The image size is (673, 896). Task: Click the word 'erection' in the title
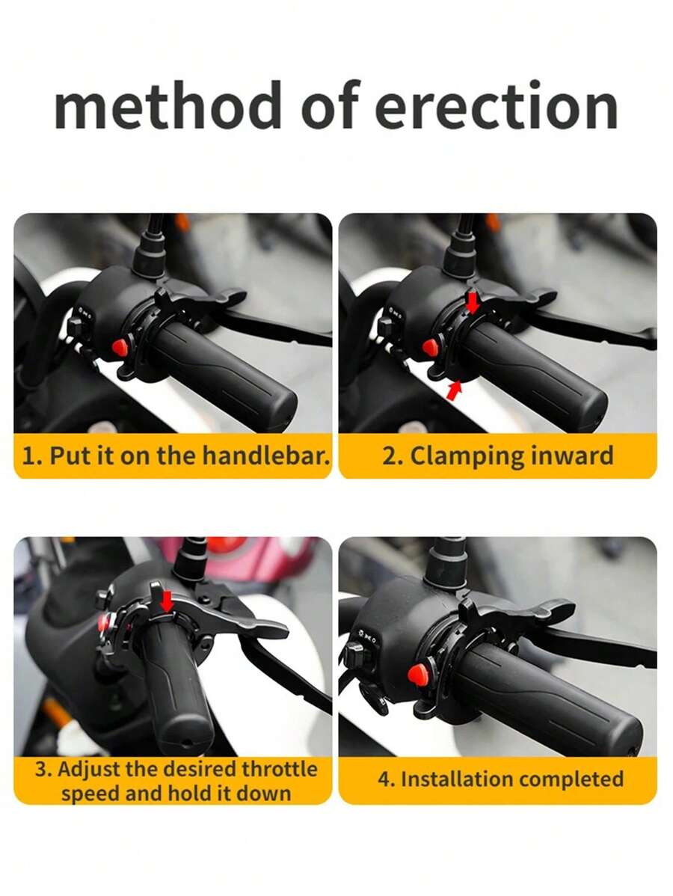point(497,107)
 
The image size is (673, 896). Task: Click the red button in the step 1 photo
point(119,346)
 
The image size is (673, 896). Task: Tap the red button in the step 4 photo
point(416,675)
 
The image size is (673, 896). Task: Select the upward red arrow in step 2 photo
point(453,390)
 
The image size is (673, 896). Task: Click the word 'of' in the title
point(331,107)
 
